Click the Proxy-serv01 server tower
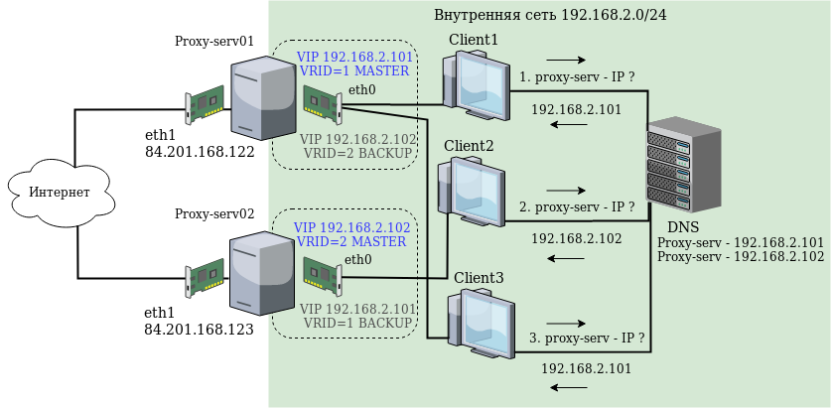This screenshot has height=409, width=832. (x=263, y=97)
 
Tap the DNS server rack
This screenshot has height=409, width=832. (x=684, y=164)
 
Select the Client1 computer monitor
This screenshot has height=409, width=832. (x=480, y=83)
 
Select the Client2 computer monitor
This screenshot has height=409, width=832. (x=477, y=188)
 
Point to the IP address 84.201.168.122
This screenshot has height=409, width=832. (x=200, y=152)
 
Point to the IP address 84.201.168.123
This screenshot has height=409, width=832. (x=199, y=329)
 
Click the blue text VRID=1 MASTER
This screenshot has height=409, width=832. (x=353, y=71)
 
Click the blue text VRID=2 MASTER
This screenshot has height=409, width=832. (x=351, y=241)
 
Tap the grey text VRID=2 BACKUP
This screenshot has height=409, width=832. (x=359, y=155)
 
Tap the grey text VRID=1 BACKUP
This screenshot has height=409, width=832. (x=357, y=323)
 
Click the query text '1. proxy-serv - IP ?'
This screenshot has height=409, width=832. (x=577, y=75)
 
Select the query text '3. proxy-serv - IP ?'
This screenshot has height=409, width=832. (x=587, y=339)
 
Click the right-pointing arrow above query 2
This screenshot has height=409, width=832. (x=566, y=190)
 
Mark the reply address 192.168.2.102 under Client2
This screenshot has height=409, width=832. (x=576, y=238)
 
